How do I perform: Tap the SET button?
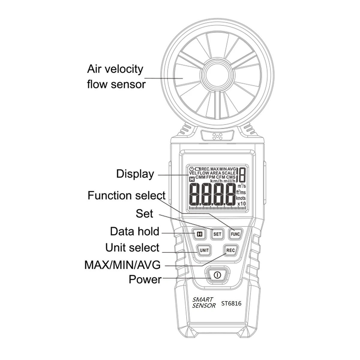217,234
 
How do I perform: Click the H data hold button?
199,234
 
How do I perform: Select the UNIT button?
204,250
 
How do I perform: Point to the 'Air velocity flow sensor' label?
116,76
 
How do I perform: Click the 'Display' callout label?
135,174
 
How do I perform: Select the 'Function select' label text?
126,196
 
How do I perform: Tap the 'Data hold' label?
134,232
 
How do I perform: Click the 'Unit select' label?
132,248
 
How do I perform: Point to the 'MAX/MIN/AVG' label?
122,265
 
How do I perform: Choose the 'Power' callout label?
145,279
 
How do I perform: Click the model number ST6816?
231,303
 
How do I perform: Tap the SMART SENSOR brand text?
204,303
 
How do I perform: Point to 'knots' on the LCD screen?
241,198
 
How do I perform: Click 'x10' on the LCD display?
241,204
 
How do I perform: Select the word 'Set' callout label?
144,214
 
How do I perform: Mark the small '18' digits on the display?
241,175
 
